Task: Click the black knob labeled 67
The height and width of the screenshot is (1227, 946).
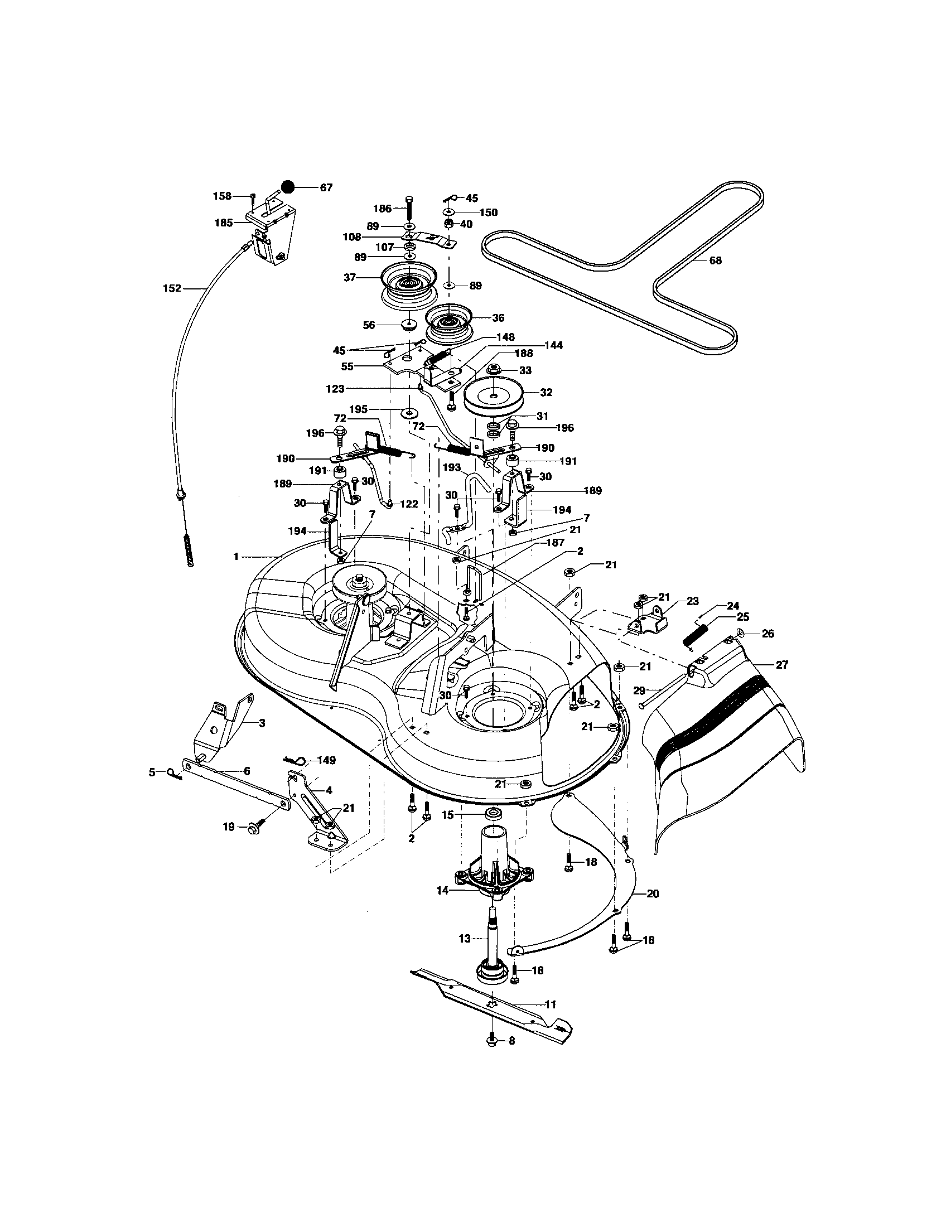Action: click(x=288, y=187)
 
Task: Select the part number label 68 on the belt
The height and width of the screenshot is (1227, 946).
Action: click(x=715, y=260)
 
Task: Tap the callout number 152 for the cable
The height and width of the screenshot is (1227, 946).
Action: click(x=172, y=288)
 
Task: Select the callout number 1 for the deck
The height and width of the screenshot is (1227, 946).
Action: click(x=236, y=556)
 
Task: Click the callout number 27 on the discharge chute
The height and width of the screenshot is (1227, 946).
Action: click(x=781, y=665)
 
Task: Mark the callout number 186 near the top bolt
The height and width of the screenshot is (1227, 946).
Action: click(x=382, y=209)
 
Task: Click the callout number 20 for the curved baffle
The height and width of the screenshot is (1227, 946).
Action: click(x=652, y=893)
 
